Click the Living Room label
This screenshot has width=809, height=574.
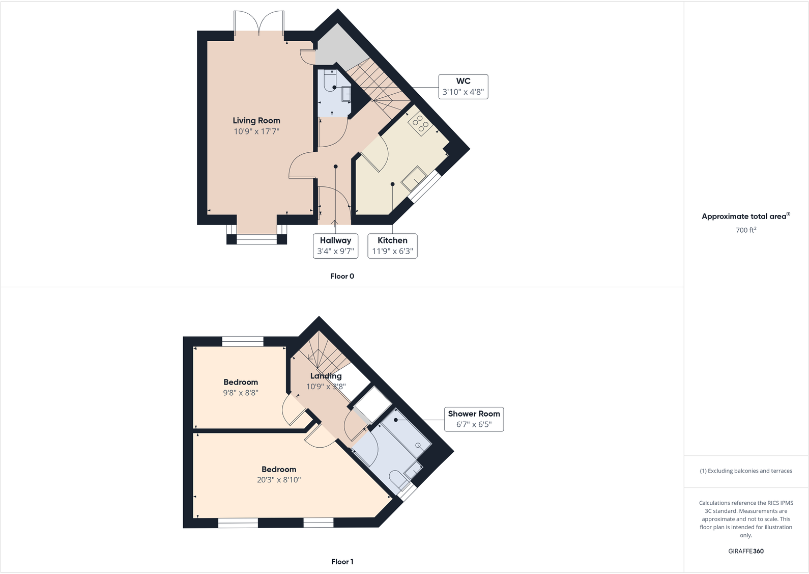[256, 121]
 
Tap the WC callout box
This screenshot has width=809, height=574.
[463, 87]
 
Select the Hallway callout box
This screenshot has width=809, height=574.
[335, 246]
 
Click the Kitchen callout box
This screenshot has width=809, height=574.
[392, 246]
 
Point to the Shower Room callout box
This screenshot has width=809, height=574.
[474, 419]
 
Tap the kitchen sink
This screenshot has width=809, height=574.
[414, 179]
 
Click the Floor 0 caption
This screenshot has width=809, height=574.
[342, 276]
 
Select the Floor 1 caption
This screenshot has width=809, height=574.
[342, 562]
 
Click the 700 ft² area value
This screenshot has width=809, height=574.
[745, 230]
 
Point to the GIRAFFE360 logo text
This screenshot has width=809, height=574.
[745, 551]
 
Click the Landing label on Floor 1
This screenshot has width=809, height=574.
[326, 376]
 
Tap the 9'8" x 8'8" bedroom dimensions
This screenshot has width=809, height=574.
[241, 393]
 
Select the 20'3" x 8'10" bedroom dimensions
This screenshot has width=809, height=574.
[279, 480]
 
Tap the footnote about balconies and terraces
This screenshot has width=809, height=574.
[745, 471]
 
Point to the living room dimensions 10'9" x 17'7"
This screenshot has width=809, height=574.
[256, 131]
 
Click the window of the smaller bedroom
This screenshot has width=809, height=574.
[243, 341]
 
